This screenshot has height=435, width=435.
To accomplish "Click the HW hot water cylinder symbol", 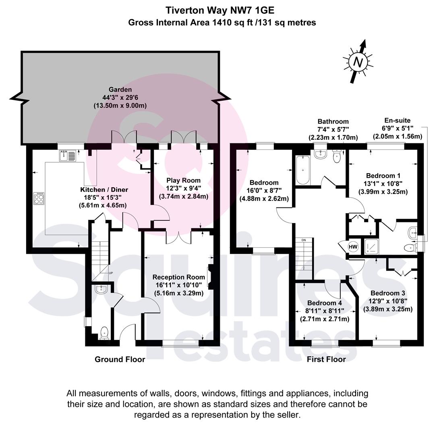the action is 353,246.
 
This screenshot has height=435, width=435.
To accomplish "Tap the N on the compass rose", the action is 358,62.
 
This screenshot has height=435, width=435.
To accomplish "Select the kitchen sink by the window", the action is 67,155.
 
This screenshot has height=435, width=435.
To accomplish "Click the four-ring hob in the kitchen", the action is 39,198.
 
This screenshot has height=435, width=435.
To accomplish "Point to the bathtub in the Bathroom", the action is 302,170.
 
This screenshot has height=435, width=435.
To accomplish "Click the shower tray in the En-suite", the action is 371,246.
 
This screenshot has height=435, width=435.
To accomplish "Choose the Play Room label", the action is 183,180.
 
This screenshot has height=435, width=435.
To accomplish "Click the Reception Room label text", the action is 179,277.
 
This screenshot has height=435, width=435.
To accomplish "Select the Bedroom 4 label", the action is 325,303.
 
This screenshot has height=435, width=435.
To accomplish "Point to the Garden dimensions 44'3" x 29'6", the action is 120,97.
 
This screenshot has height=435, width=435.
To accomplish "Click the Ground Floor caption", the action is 120,359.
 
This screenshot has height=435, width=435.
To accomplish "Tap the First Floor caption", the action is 326,359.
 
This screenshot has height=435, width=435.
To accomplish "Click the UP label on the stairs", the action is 111,273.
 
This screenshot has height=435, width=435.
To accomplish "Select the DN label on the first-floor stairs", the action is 304,240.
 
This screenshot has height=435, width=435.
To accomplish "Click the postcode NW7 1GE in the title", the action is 252,10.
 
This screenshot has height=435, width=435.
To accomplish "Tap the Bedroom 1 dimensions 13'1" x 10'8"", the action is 383,183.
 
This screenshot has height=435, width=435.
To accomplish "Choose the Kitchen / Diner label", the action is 104,190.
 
